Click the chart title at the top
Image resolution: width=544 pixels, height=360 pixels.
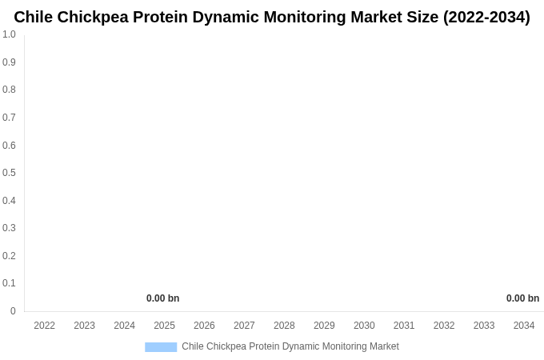(272, 17)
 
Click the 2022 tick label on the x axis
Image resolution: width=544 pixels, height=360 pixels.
(45, 326)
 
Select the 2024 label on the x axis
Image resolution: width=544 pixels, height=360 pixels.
(124, 326)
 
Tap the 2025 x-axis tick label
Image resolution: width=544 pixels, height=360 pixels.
(164, 326)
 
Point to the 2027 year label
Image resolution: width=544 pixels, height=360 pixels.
(244, 326)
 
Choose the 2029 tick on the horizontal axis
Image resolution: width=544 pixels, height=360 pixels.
(324, 326)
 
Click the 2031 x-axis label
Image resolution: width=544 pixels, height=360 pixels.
(404, 326)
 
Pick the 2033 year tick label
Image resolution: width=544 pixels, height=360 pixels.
(484, 326)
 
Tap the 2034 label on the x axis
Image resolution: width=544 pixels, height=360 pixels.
(524, 326)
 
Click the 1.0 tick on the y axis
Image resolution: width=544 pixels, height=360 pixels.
(9, 34)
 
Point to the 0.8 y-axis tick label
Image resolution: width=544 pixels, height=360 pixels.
(9, 90)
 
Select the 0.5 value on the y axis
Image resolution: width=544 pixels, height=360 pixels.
(9, 173)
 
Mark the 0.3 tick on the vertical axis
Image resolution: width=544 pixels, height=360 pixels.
(9, 228)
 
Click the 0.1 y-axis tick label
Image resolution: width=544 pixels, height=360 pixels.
(9, 283)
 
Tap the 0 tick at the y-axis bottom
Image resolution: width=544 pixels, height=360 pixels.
(13, 311)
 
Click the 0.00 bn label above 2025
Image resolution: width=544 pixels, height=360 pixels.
(162, 298)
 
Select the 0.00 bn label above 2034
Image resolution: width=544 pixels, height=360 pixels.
(522, 298)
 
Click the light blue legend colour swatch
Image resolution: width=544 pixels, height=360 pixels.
(161, 347)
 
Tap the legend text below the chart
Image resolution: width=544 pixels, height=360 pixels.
(290, 346)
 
